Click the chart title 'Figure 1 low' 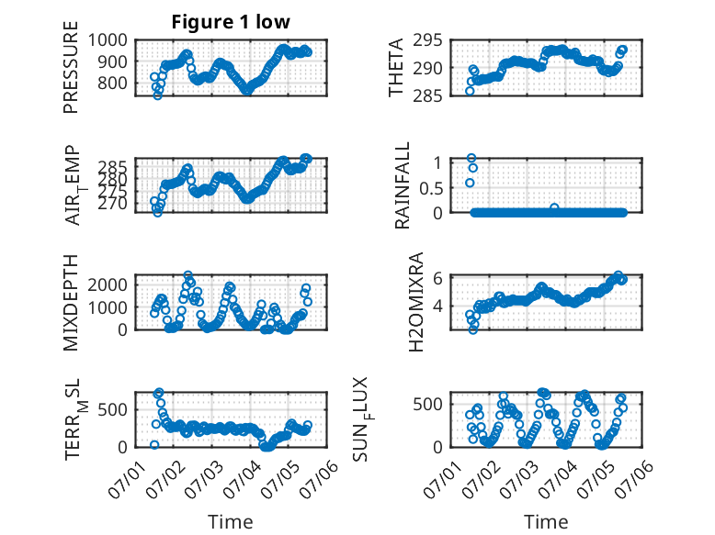tap(231, 21)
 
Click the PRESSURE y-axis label tap(71, 67)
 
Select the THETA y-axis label tap(396, 67)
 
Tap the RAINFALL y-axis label tap(403, 185)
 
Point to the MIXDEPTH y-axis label tap(71, 302)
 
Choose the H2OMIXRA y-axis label tap(416, 302)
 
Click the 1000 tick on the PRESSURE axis tap(108, 40)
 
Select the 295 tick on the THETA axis tap(427, 40)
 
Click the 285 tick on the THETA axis tap(427, 95)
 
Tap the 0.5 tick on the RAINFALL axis tap(431, 187)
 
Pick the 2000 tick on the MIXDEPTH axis tap(108, 285)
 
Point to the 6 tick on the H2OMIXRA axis tap(437, 278)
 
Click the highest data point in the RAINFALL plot tap(471, 158)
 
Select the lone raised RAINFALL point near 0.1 tap(554, 207)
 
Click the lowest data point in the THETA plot tap(470, 91)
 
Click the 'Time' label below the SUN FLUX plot tap(546, 521)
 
